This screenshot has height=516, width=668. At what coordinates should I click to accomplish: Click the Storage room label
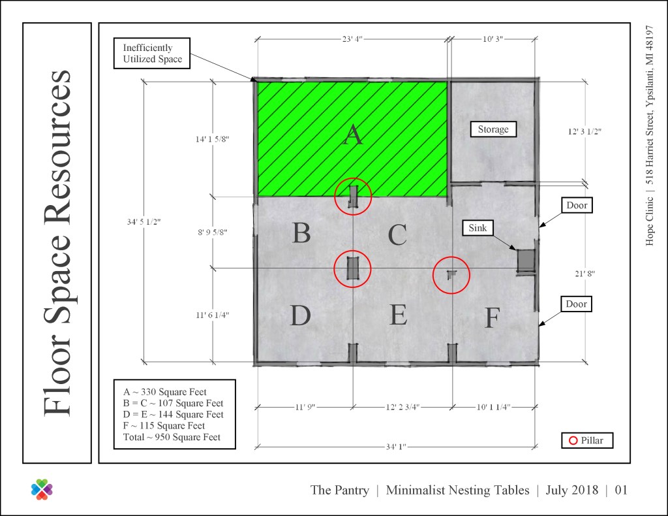[x=493, y=129]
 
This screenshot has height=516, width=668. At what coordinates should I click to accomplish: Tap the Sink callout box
[x=478, y=228]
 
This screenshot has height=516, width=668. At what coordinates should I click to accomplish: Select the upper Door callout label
[x=577, y=205]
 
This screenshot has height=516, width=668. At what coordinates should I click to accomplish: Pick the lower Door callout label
[x=577, y=304]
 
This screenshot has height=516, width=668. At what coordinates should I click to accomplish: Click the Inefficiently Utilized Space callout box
[x=151, y=54]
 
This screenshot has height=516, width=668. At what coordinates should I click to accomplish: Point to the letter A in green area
[x=353, y=135]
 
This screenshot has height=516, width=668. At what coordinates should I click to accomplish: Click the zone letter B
[x=301, y=233]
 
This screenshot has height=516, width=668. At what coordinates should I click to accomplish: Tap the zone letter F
[x=493, y=318]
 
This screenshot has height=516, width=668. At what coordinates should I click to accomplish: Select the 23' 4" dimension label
[x=352, y=39]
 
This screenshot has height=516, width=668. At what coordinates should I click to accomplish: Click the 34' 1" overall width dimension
[x=396, y=447]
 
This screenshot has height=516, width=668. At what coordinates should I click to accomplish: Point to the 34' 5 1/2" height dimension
[x=144, y=222]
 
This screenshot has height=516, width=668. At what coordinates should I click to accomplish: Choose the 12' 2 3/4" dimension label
[x=402, y=408]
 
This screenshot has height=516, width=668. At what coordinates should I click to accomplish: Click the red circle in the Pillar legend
[x=573, y=440]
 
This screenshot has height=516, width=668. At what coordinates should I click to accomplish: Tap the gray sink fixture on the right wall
[x=526, y=261]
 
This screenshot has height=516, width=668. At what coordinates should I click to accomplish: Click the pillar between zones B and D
[x=353, y=268]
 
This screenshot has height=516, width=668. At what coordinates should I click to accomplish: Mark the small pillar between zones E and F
[x=451, y=274]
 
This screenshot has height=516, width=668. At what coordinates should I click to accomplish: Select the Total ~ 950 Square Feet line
[x=172, y=437]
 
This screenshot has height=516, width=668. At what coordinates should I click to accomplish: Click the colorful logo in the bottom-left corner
[x=42, y=490]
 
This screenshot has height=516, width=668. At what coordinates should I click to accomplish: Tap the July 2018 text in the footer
[x=571, y=490]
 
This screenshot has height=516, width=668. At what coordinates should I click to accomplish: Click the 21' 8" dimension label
[x=584, y=274]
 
